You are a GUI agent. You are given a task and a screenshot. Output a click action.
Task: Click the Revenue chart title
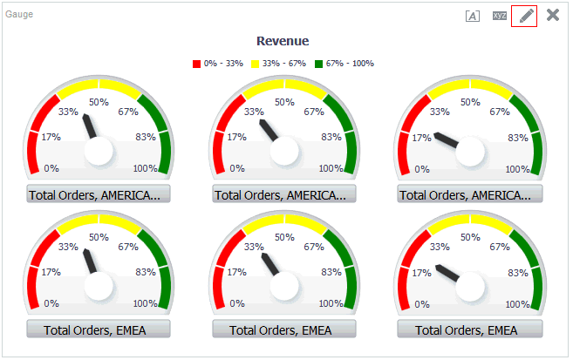coord(283,41)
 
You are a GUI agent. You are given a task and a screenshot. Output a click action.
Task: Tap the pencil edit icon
coord(524,16)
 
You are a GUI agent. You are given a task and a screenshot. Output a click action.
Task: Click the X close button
coord(553,15)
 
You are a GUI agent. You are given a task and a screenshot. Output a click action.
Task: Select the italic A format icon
coord(473,16)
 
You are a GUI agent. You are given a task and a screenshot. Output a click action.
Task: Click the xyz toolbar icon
coord(500,16)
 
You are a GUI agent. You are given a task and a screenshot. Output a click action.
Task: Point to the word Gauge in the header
coord(19,15)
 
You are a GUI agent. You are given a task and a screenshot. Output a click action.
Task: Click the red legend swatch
coord(197,64)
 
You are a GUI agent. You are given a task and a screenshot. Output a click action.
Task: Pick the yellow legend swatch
coord(256,64)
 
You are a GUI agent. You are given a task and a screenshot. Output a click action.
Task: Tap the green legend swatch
coord(319,64)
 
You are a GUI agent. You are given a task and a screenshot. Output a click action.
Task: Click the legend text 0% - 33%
coord(222,64)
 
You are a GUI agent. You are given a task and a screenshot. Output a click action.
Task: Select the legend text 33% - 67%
coord(283,64)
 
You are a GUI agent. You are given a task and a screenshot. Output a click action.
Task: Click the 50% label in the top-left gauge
coord(99,102)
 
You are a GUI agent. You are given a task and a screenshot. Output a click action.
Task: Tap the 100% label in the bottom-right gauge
coord(517,304)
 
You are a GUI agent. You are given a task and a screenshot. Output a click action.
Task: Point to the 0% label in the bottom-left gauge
coord(51,304)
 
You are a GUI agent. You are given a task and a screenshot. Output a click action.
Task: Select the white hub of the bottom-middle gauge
coord(284,286)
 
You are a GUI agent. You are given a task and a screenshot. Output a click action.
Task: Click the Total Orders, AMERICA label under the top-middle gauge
coord(284,194)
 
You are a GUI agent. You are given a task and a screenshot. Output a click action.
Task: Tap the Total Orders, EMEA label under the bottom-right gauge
coord(470,329)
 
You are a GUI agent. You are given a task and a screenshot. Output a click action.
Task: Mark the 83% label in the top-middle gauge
coord(331,137)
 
